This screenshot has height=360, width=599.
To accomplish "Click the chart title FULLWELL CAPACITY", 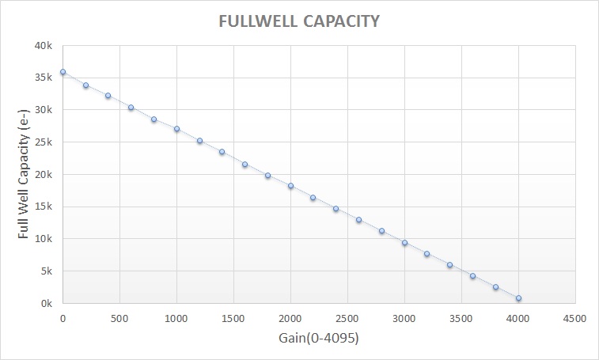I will click(x=299, y=21).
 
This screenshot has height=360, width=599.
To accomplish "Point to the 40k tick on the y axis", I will click(x=44, y=45).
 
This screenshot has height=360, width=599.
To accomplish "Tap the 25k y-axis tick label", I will click(x=44, y=142).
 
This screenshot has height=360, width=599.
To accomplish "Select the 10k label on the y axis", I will click(x=44, y=239).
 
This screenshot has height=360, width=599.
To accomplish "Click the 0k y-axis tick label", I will click(x=47, y=304).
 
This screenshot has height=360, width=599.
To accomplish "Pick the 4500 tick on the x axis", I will click(x=574, y=319).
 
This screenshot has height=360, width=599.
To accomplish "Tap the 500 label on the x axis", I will click(x=119, y=319).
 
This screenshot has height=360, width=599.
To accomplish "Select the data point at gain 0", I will click(x=63, y=72).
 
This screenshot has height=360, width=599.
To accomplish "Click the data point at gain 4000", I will click(x=518, y=298).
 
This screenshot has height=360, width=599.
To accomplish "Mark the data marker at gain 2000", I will click(x=290, y=186).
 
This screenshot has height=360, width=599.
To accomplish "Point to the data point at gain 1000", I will click(x=176, y=129).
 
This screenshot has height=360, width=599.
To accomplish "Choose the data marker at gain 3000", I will click(x=404, y=243).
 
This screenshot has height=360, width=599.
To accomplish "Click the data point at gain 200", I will click(x=85, y=85).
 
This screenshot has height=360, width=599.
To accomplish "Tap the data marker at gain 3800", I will click(x=495, y=287).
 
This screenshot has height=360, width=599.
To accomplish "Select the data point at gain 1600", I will click(x=245, y=165).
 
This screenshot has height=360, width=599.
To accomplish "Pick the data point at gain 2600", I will click(x=358, y=220).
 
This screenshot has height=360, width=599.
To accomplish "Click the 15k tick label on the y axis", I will click(x=44, y=207).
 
